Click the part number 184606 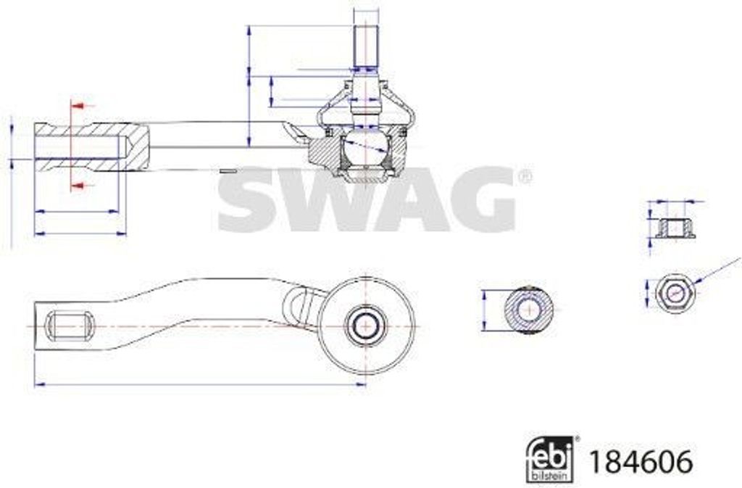point(641,461)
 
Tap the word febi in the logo point(551,453)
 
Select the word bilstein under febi point(551,475)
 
